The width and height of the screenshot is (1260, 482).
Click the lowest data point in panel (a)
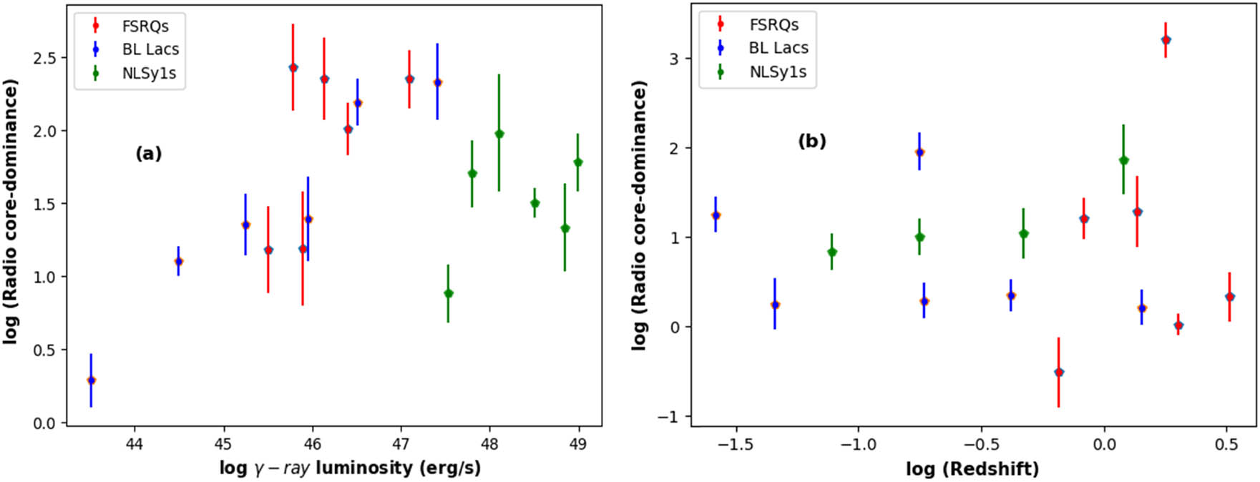click(91, 380)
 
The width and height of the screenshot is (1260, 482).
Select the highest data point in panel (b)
click(1166, 40)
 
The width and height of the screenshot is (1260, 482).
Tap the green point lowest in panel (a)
click(448, 293)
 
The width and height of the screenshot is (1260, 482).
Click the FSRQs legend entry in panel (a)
click(145, 26)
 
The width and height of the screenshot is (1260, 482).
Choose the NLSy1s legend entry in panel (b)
click(777, 72)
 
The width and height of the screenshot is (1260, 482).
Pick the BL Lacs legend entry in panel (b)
click(778, 48)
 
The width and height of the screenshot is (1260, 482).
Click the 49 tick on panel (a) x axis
click(578, 444)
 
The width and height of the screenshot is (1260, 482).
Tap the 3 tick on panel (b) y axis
click(674, 59)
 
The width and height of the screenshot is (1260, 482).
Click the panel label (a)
click(149, 153)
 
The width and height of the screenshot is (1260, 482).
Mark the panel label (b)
click(812, 141)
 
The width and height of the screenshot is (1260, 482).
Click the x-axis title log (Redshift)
click(972, 469)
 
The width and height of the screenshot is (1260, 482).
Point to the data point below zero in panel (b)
click(1059, 372)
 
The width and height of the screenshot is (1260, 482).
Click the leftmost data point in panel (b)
click(716, 215)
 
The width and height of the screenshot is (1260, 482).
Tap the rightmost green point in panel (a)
click(578, 162)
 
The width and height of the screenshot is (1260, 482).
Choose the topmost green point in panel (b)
click(1123, 160)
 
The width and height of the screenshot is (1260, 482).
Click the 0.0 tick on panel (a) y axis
click(45, 423)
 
